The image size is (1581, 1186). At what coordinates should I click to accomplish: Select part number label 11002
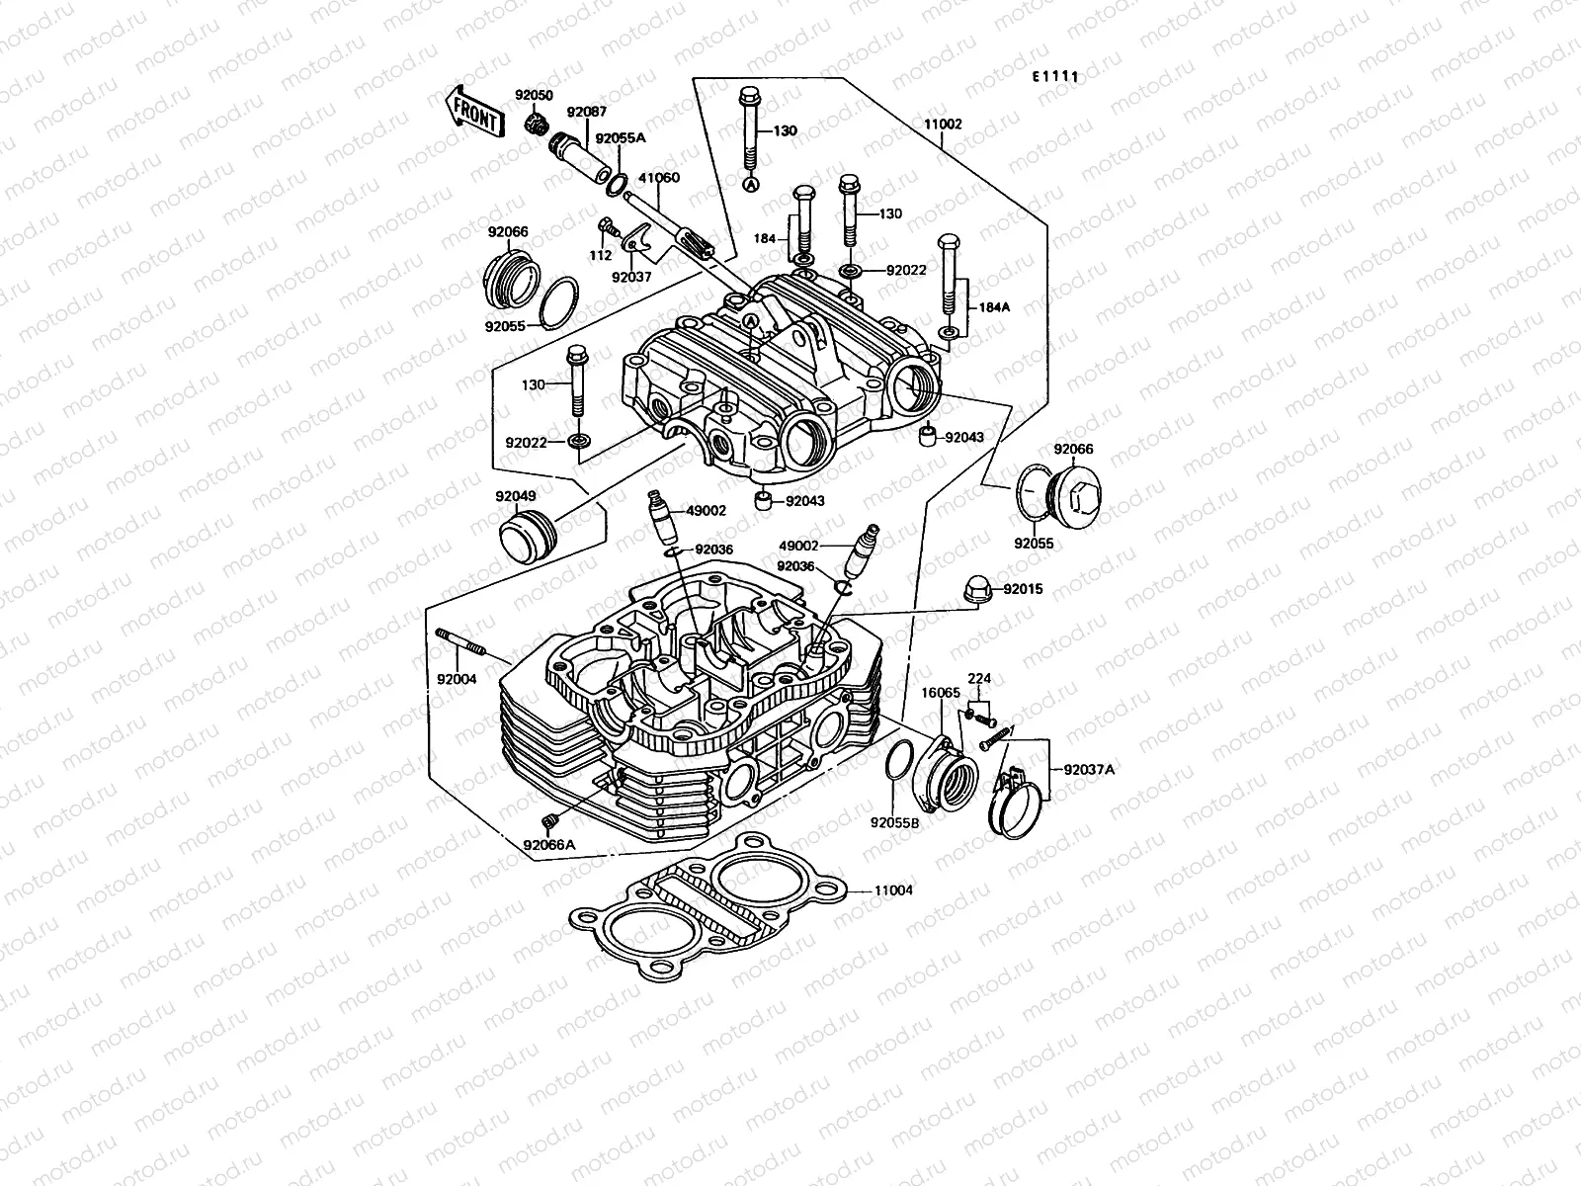pyautogui.click(x=943, y=126)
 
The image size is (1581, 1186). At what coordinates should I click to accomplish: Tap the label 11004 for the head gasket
pyautogui.click(x=893, y=889)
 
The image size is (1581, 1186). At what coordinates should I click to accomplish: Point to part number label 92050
pyautogui.click(x=534, y=95)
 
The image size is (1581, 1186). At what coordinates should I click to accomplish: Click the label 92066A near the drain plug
pyautogui.click(x=549, y=844)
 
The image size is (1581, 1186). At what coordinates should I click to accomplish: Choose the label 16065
pyautogui.click(x=941, y=693)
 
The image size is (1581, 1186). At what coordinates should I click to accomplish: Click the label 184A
pyautogui.click(x=994, y=307)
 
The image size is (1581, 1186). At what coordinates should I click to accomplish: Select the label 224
pyautogui.click(x=978, y=679)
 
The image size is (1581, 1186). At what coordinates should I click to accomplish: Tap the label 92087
pyautogui.click(x=586, y=113)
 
